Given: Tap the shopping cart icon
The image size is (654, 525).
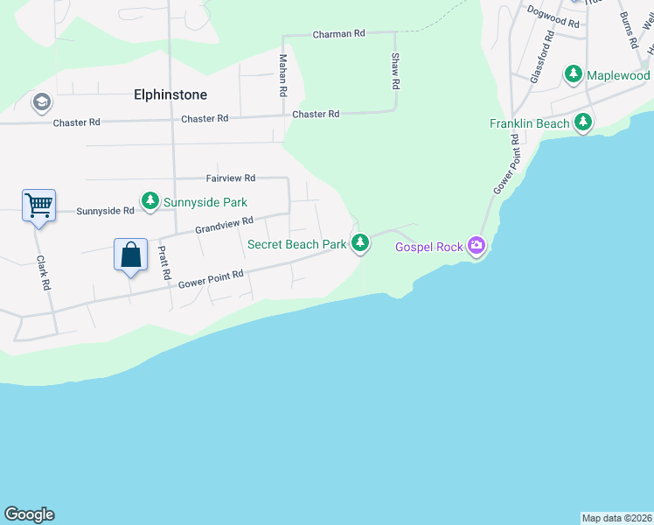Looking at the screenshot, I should pos(38,206).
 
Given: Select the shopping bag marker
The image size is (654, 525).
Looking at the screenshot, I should pos(130,255).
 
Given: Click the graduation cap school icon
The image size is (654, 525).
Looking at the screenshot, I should pos(41,103).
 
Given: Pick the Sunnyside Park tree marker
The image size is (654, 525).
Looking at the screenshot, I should pos(150,202).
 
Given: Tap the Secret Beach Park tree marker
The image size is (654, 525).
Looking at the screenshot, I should pos(359,243).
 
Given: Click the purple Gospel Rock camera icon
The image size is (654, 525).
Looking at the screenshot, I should pos(476,246).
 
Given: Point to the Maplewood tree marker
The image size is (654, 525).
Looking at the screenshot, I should pos(574,75).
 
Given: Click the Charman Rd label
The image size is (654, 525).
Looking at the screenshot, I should pos(339,33).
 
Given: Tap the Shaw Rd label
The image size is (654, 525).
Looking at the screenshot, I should pos(395,71).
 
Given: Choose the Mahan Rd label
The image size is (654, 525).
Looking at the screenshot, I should pos(282,74).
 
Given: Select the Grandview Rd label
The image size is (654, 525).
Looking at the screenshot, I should pos(224,226).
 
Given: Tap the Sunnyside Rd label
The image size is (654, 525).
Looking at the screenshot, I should pos(105,211).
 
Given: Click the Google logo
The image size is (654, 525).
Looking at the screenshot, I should pos(29,514).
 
